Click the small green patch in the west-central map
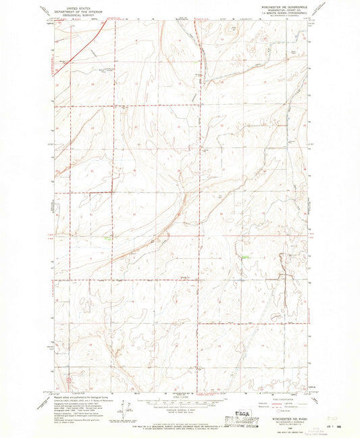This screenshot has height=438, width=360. [x=107, y=237]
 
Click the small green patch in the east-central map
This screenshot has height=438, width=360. [x=246, y=257]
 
